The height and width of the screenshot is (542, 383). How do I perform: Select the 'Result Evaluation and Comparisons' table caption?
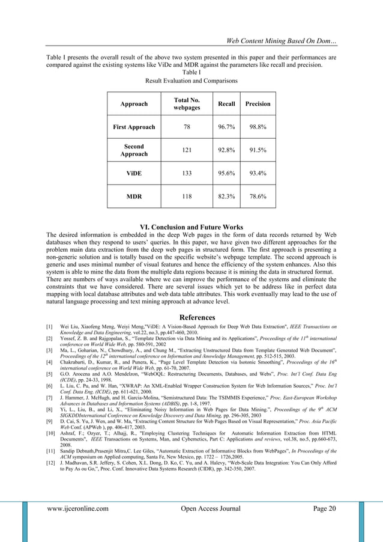pyautogui.click(x=191, y=81)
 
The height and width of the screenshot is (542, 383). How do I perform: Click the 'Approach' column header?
pyautogui.click(x=134, y=104)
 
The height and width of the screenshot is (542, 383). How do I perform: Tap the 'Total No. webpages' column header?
pyautogui.click(x=187, y=104)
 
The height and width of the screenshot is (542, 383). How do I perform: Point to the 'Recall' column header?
pyautogui.click(x=226, y=104)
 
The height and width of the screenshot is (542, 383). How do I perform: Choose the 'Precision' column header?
pyautogui.click(x=258, y=104)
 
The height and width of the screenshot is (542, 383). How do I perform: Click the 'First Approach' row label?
pyautogui.click(x=134, y=127)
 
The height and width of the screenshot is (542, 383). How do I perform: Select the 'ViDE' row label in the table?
pyautogui.click(x=134, y=173)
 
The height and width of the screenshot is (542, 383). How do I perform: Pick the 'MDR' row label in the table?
pyautogui.click(x=134, y=196)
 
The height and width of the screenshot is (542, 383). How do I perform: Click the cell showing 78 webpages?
pyautogui.click(x=187, y=127)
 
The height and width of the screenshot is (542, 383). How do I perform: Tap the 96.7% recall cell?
pyautogui.click(x=226, y=127)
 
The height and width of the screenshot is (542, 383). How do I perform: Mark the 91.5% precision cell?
pyautogui.click(x=258, y=150)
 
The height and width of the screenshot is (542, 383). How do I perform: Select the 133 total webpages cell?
pyautogui.click(x=187, y=173)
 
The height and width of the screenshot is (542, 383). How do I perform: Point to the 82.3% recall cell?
pyautogui.click(x=226, y=196)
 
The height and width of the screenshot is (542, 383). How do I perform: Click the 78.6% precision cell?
pyautogui.click(x=258, y=196)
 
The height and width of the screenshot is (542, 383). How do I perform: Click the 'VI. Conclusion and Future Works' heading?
pyautogui.click(x=191, y=227)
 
